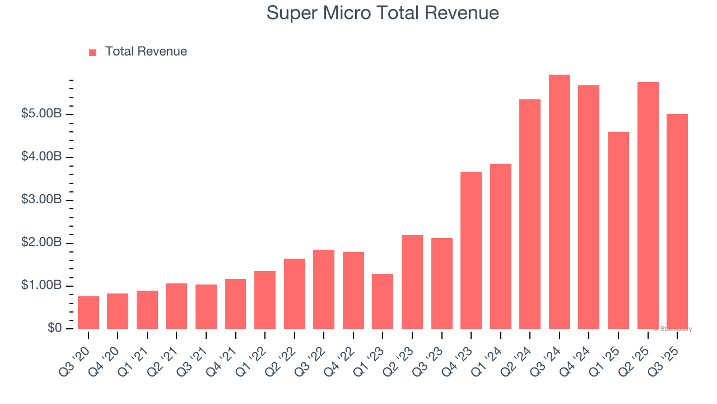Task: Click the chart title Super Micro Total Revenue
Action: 383,12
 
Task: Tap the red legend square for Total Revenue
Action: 92,52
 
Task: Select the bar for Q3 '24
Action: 559,202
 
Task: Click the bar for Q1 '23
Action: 383,301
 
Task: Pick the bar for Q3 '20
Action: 89,313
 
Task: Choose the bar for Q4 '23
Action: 471,250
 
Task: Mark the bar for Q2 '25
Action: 648,205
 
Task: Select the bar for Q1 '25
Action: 618,230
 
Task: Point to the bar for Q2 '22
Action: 294,293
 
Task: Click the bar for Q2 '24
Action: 530,214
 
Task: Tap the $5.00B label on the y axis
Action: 41,114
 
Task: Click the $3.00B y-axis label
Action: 41,200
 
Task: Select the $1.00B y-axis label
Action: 41,286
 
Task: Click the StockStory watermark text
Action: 673,329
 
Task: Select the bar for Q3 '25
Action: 677,221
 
